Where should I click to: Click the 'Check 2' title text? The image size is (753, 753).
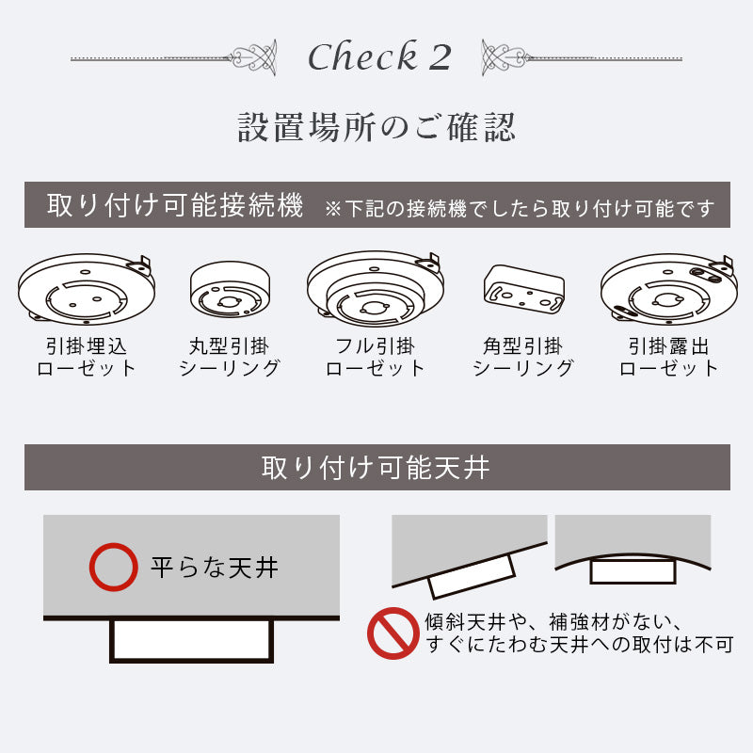click(379, 57)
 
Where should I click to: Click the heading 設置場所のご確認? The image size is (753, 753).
click(376, 128)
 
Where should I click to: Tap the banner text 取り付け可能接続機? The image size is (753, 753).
click(175, 205)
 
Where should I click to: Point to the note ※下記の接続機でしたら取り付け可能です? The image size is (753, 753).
click(519, 207)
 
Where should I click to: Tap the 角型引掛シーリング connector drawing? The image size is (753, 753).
click(522, 288)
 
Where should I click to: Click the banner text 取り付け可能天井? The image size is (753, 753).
click(376, 467)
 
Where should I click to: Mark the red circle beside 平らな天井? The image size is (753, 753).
click(113, 567)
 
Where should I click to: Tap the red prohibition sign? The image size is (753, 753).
click(393, 634)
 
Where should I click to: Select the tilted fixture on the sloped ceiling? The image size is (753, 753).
click(472, 575)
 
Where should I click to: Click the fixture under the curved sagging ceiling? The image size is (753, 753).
click(633, 570)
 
